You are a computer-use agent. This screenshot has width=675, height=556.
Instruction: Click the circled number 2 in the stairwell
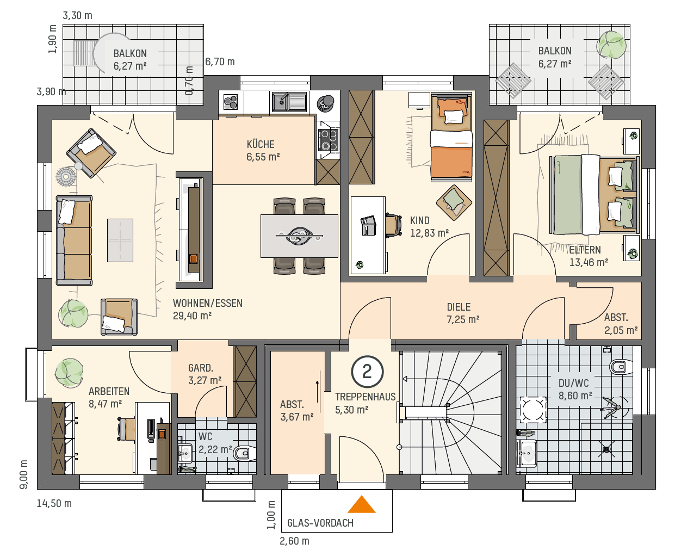(367, 372)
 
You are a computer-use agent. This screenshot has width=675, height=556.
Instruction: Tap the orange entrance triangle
(362, 504)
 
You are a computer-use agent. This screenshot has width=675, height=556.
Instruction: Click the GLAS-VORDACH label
(320, 523)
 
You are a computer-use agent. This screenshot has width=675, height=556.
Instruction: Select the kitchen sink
(289, 102)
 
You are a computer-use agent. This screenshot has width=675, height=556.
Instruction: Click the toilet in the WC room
(245, 453)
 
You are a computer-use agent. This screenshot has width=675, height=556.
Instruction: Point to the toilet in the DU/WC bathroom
(621, 367)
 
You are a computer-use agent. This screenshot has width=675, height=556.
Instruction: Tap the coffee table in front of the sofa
(120, 240)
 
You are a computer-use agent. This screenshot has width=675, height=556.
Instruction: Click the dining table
(299, 236)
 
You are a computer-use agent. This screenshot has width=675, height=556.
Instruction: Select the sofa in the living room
(74, 240)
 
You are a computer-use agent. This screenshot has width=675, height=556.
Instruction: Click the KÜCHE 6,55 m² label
(263, 150)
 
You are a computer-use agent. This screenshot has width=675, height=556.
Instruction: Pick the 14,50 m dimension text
(54, 503)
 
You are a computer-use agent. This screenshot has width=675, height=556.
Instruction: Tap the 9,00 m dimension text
(24, 474)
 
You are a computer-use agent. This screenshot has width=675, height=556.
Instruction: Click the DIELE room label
(459, 307)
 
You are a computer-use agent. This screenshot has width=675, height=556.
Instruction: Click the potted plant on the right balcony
(611, 45)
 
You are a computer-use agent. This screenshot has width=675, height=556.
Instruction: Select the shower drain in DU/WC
(606, 449)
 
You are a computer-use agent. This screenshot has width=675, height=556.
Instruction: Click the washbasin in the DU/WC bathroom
(527, 453)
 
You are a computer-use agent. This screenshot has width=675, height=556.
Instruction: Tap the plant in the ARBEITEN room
(69, 373)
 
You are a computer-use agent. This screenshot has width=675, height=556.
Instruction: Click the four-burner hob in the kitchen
(329, 140)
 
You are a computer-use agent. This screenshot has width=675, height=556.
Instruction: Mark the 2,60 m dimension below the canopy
(294, 541)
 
